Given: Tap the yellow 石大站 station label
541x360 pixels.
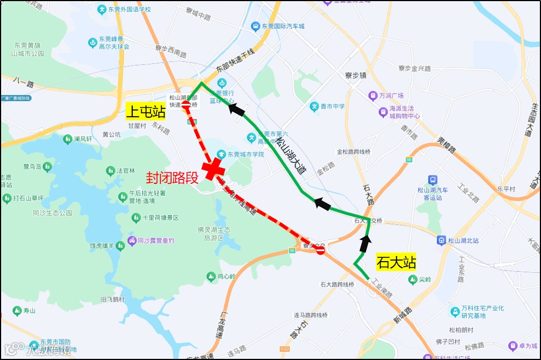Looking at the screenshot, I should (396, 262).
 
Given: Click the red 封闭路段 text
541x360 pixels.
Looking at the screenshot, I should (172, 178).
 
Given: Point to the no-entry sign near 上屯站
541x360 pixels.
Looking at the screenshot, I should (186, 104).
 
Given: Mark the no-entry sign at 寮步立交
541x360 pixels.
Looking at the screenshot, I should (320, 251).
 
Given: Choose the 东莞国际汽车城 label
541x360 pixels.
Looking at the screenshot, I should (283, 26).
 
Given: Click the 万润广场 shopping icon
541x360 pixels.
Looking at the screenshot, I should (373, 96).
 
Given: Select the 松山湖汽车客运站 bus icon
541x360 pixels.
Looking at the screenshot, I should (433, 180).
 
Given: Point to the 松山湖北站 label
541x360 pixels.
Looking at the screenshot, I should (463, 241).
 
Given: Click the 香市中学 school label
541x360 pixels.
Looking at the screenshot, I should (332, 106).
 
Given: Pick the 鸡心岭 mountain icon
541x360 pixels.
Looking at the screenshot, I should (211, 276).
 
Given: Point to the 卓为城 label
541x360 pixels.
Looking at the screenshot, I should (527, 346).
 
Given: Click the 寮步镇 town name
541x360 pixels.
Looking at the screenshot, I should (355, 75).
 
